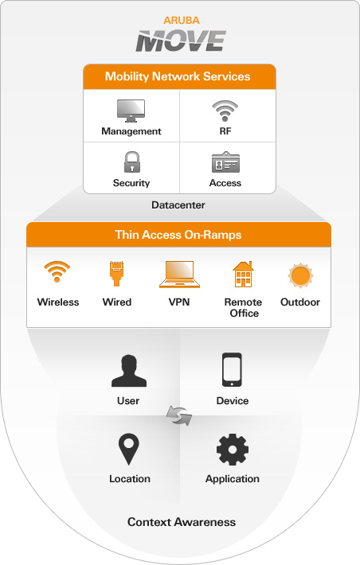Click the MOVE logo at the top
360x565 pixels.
[181, 41]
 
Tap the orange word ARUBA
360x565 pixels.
[182, 21]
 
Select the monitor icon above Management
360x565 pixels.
[131, 111]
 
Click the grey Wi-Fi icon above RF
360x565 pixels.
[225, 111]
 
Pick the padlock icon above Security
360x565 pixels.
[132, 162]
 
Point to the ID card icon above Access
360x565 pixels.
[225, 162]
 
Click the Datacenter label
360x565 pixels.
[178, 205]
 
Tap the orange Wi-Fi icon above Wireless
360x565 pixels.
[57, 271]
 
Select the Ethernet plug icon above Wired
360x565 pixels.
[116, 274]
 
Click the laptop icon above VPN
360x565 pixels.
[179, 275]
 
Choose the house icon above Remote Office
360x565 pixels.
[243, 274]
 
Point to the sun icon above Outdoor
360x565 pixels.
[300, 275]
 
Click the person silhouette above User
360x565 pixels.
[129, 371]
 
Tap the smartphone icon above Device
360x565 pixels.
[232, 370]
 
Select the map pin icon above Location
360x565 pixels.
[129, 449]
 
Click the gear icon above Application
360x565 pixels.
[233, 450]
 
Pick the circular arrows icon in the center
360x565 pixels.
[179, 415]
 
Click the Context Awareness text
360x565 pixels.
[182, 522]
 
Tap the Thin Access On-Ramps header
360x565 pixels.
[178, 235]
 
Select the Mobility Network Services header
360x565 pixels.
[178, 76]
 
